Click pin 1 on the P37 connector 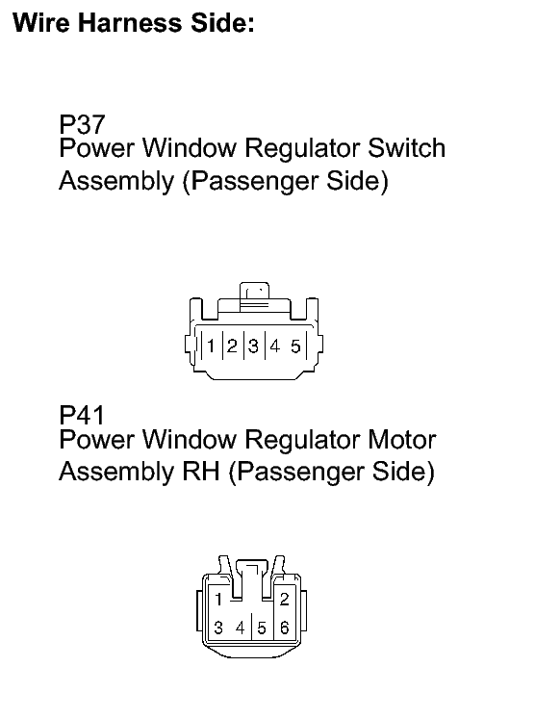click(x=211, y=346)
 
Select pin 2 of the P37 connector click(x=233, y=346)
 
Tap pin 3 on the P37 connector click(x=253, y=346)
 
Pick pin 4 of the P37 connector click(x=274, y=346)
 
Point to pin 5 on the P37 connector click(x=295, y=346)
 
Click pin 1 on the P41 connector click(x=218, y=599)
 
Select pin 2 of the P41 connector click(x=284, y=599)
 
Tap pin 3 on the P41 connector click(x=218, y=628)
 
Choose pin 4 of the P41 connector click(x=241, y=628)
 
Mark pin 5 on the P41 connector click(x=262, y=628)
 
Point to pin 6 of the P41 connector click(x=284, y=628)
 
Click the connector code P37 click(x=83, y=124)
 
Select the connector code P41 click(x=83, y=416)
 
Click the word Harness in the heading click(x=130, y=23)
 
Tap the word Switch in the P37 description click(x=406, y=148)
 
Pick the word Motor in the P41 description click(x=402, y=440)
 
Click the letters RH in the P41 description click(x=201, y=472)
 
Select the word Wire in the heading click(x=39, y=23)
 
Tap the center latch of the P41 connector click(x=251, y=577)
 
